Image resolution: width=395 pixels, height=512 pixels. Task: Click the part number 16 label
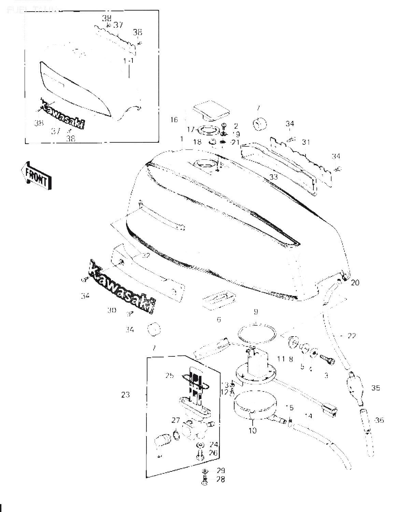tap(174, 120)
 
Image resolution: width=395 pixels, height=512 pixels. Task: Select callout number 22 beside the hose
tap(351, 336)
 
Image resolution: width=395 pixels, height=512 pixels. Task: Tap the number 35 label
tap(376, 388)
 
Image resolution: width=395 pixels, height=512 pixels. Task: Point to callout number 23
tap(125, 395)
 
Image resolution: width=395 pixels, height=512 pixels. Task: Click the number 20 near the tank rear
tap(355, 283)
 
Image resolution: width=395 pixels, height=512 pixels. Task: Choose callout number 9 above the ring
tap(256, 312)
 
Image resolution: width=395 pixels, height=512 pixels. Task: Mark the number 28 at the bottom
tap(221, 480)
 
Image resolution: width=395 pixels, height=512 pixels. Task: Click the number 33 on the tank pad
tap(274, 177)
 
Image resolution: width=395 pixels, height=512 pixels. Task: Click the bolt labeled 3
tap(327, 359)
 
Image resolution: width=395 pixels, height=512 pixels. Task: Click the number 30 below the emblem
tap(112, 310)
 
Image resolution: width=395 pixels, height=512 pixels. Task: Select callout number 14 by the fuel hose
tap(309, 416)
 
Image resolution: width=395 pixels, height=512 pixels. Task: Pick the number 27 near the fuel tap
tap(175, 420)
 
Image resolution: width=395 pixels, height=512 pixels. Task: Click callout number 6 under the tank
tap(219, 319)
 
